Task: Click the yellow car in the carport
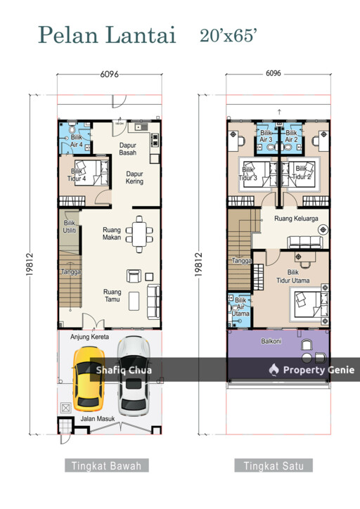pyautogui.click(x=89, y=379)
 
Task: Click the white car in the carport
pyautogui.click(x=134, y=376)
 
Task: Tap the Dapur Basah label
pyautogui.click(x=127, y=149)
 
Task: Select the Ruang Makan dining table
pyautogui.click(x=139, y=234)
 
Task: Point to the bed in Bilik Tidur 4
pyautogui.click(x=92, y=173)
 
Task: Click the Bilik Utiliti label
pyautogui.click(x=70, y=226)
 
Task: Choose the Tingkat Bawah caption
pyautogui.click(x=106, y=466)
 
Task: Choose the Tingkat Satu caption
pyautogui.click(x=274, y=466)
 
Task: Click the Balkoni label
pyautogui.click(x=271, y=341)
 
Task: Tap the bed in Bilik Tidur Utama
pyautogui.click(x=311, y=304)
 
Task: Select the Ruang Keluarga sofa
pyautogui.click(x=305, y=242)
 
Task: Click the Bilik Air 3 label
pyautogui.click(x=266, y=136)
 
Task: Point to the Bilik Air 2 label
pyautogui.click(x=291, y=136)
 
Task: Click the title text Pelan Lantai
pyautogui.click(x=107, y=34)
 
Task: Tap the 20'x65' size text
pyautogui.click(x=229, y=35)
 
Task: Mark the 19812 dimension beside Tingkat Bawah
pyautogui.click(x=30, y=264)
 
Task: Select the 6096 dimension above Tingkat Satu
pyautogui.click(x=274, y=73)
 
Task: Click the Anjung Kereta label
pyautogui.click(x=89, y=337)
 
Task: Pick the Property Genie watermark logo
pyautogui.click(x=274, y=370)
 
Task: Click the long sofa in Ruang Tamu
pyautogui.click(x=154, y=301)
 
